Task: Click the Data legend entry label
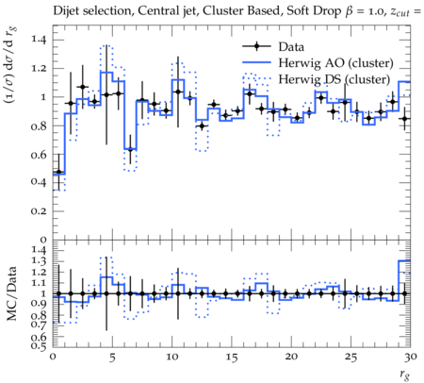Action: (291, 47)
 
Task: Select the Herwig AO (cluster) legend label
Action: (335, 63)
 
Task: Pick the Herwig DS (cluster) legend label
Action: (334, 79)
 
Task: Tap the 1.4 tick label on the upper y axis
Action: (39, 40)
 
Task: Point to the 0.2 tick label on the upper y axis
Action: (39, 210)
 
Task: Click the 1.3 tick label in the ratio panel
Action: (39, 261)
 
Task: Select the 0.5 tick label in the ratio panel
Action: (39, 346)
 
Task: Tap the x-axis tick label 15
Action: (232, 358)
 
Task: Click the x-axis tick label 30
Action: (410, 357)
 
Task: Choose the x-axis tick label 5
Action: (112, 358)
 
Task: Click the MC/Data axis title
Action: (11, 293)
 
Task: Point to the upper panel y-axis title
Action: (10, 65)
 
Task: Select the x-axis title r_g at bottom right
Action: (404, 375)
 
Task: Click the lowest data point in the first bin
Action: (58, 172)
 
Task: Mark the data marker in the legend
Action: (256, 46)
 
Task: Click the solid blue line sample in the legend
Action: (256, 62)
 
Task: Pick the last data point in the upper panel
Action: (404, 119)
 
